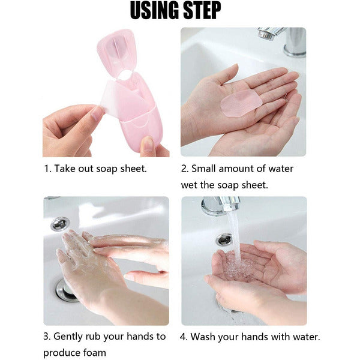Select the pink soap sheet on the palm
point(241,103)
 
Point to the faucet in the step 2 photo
point(283,41)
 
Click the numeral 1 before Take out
point(46,169)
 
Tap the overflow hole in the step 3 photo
point(60,223)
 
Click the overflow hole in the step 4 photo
point(224,239)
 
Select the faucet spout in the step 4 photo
point(221,206)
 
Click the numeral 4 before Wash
point(183,337)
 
